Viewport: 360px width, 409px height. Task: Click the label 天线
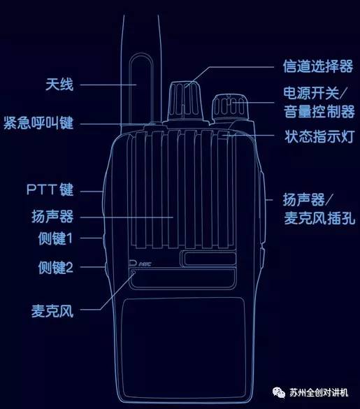coord(59,85)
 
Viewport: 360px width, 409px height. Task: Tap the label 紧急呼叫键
coord(38,123)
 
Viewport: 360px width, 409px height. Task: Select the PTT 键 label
coord(50,189)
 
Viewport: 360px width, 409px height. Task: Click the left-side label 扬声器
coord(52,217)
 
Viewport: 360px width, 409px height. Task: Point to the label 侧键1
coord(55,238)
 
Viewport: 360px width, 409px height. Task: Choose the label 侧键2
coord(55,267)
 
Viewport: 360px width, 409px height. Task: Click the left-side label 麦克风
coord(52,310)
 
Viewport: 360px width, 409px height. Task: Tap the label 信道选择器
coord(318,66)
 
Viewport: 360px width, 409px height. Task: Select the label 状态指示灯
coord(320,136)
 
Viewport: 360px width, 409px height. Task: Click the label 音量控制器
coord(319,112)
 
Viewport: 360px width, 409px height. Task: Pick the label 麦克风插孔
coord(319,218)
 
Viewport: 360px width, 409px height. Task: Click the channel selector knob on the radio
coord(185,101)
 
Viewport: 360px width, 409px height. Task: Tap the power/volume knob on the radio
coord(230,108)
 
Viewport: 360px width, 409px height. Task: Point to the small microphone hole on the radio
coord(134,273)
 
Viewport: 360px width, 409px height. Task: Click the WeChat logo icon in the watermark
coord(279,392)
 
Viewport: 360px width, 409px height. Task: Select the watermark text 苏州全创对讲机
coord(319,392)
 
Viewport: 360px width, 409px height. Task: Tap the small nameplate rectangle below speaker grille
coord(208,259)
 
